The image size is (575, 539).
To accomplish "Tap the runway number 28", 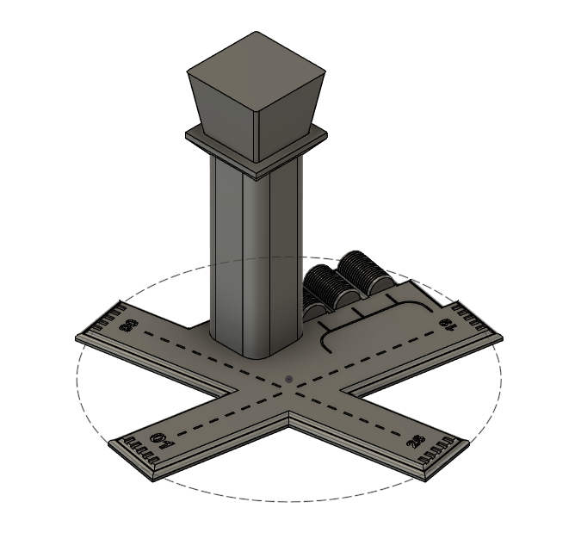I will (x=416, y=443).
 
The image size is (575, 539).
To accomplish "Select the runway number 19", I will (x=447, y=325).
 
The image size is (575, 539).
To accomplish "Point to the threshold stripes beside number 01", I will (x=138, y=447).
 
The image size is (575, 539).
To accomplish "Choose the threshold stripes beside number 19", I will (x=471, y=319).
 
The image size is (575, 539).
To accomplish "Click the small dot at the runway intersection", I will (x=288, y=378).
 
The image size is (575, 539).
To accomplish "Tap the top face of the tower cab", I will (x=257, y=59).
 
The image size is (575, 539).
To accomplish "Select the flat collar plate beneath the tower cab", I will (x=257, y=148).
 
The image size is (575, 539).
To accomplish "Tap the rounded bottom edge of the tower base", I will (x=258, y=354).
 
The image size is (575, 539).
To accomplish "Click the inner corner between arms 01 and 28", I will (x=288, y=415).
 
